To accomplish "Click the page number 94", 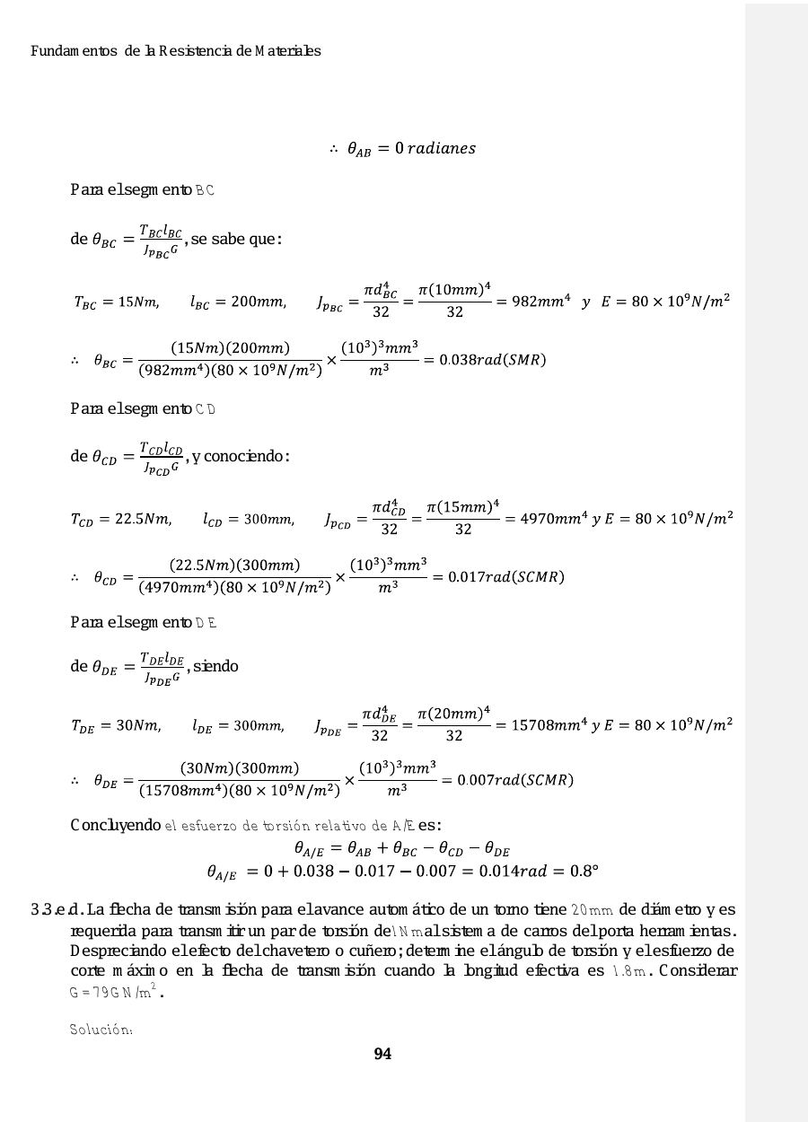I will pyautogui.click(x=382, y=1054).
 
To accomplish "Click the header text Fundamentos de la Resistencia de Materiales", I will pyautogui.click(x=176, y=51).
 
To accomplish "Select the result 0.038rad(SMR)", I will pyautogui.click(x=492, y=361).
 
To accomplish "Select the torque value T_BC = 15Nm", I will pyautogui.click(x=117, y=302).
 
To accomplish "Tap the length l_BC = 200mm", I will pyautogui.click(x=238, y=302).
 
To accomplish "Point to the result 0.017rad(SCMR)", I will pyautogui.click(x=499, y=576).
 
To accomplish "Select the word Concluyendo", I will pyautogui.click(x=116, y=825).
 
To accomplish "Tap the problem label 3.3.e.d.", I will pyautogui.click(x=54, y=910).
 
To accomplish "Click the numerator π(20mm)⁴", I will pyautogui.click(x=454, y=713).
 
